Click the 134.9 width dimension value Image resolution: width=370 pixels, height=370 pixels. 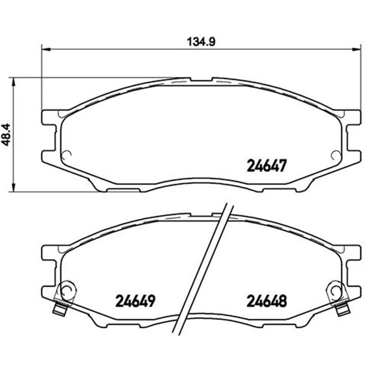click(x=201, y=42)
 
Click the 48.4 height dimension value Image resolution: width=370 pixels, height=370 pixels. click(x=6, y=135)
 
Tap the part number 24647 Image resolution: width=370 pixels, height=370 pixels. click(x=267, y=166)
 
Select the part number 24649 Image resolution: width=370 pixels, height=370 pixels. click(x=135, y=301)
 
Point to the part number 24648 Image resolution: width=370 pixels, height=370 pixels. click(x=267, y=301)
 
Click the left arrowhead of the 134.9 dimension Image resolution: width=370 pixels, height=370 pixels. click(x=46, y=49)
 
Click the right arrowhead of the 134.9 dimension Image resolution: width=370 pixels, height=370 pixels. click(x=356, y=49)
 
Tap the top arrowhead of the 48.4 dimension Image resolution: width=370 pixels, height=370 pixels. click(x=13, y=82)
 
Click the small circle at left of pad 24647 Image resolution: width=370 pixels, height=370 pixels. click(x=66, y=155)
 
